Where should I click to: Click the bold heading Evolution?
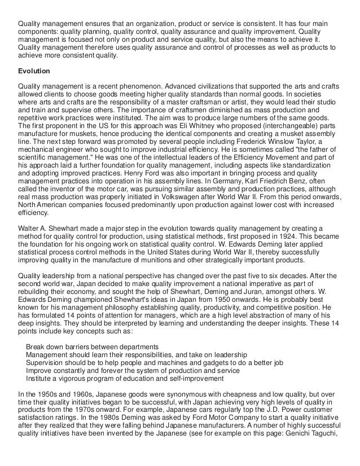coord(34,72)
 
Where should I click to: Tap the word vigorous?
coord(72,379)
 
